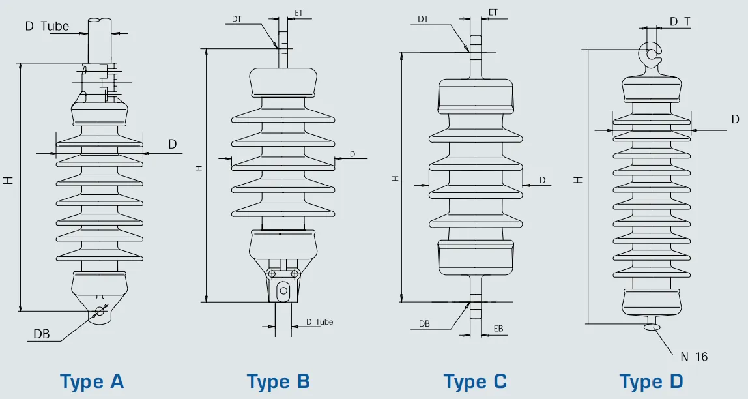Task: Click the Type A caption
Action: pyautogui.click(x=92, y=381)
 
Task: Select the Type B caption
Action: pyautogui.click(x=278, y=381)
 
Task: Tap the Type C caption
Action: pyautogui.click(x=475, y=381)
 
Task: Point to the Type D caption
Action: pyautogui.click(x=651, y=381)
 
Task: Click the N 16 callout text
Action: pyautogui.click(x=694, y=357)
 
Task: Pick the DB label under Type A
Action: pyautogui.click(x=42, y=334)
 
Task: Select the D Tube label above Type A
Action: pyautogui.click(x=47, y=26)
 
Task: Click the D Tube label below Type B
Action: pyautogui.click(x=320, y=322)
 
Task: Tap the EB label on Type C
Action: pyautogui.click(x=498, y=328)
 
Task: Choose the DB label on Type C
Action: pyautogui.click(x=424, y=323)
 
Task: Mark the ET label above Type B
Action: pyautogui.click(x=299, y=12)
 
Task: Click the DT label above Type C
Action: pyautogui.click(x=423, y=20)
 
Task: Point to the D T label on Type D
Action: pyautogui.click(x=680, y=22)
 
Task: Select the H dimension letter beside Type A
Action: pyautogui.click(x=8, y=180)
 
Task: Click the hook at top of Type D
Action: pyautogui.click(x=650, y=54)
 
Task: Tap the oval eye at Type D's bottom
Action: pyautogui.click(x=652, y=327)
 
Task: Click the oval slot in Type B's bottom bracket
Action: pyautogui.click(x=283, y=291)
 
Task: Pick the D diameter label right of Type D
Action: pyautogui.click(x=736, y=119)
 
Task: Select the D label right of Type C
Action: pyautogui.click(x=542, y=179)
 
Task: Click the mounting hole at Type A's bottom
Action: pyautogui.click(x=100, y=311)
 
